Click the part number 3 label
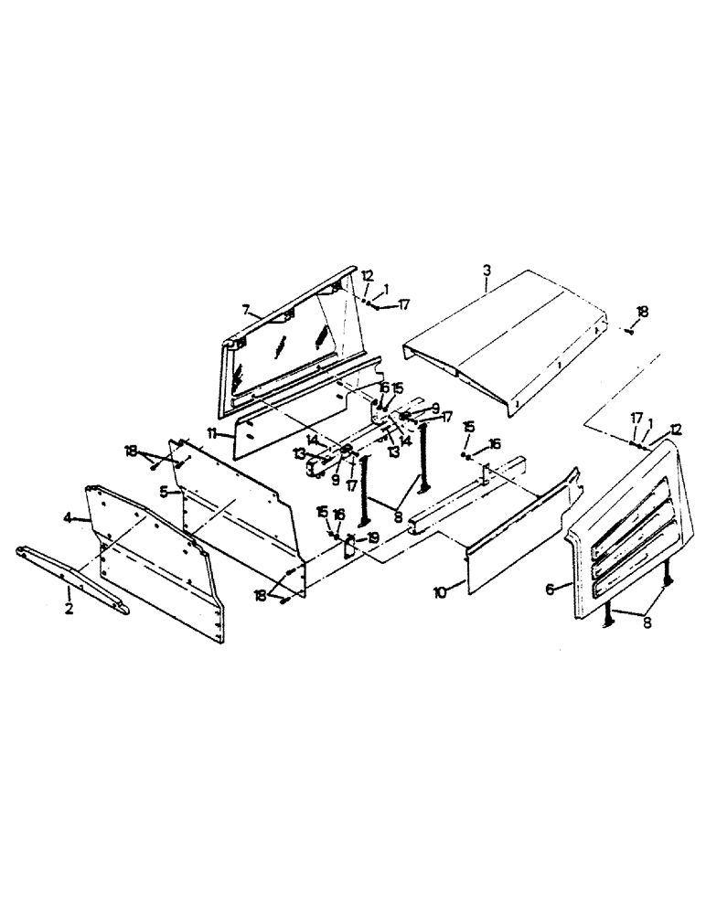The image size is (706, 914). click(487, 271)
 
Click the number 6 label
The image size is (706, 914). click(551, 590)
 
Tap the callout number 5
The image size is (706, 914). click(163, 491)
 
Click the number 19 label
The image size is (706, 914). click(372, 537)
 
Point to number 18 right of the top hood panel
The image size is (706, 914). click(642, 312)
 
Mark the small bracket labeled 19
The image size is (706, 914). click(350, 547)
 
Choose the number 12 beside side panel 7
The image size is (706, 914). click(367, 275)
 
